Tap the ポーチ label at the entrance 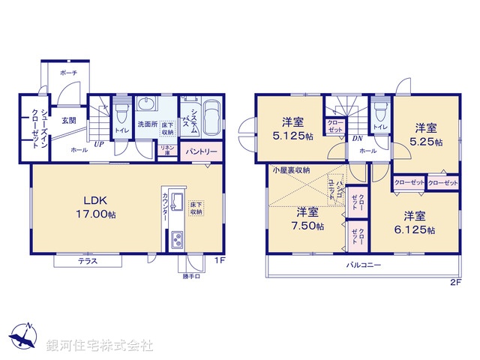click(69, 73)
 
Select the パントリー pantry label click(199, 151)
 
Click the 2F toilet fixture click(381, 112)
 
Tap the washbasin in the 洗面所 click(146, 105)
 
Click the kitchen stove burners click(178, 240)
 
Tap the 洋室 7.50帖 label click(308, 217)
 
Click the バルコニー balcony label click(363, 265)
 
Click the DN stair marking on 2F click(357, 138)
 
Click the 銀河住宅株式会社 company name click(99, 345)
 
